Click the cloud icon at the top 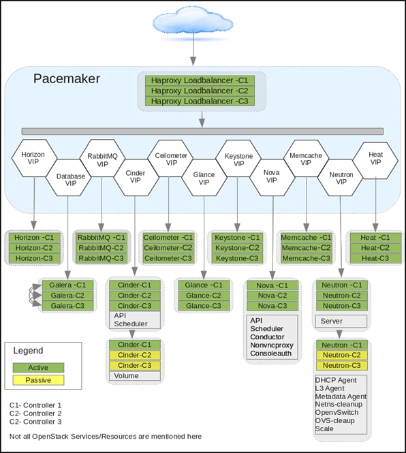click(x=193, y=22)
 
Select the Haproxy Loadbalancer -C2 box click(x=200, y=91)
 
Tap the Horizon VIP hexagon click(x=34, y=158)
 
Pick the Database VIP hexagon click(x=69, y=178)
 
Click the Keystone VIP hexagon click(x=238, y=158)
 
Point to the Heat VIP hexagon click(x=375, y=160)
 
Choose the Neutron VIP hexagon click(x=341, y=178)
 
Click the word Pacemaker click(x=67, y=78)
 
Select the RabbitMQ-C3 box click(x=101, y=258)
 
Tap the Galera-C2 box click(x=68, y=296)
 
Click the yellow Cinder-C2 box click(x=135, y=355)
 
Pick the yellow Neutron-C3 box click(x=342, y=365)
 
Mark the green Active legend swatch click(x=38, y=367)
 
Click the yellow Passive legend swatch click(x=38, y=380)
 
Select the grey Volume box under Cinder click(x=135, y=376)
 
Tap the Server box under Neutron click(x=341, y=322)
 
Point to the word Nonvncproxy click(x=272, y=345)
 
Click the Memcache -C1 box click(x=306, y=238)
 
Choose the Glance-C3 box click(x=204, y=306)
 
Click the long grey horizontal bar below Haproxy click(x=203, y=131)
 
